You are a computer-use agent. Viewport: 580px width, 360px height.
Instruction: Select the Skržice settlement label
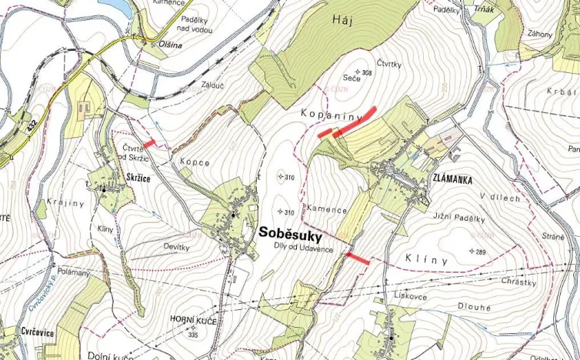[135, 177]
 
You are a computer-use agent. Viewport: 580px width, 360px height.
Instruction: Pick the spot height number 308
[367, 73]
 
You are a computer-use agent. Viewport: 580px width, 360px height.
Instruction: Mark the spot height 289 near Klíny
[480, 252]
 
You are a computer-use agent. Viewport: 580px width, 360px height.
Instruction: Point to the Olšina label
[150, 44]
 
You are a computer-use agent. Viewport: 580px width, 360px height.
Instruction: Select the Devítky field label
[176, 246]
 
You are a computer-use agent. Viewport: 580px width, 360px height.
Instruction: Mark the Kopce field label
[195, 162]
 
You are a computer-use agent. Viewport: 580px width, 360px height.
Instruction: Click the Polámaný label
[74, 273]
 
